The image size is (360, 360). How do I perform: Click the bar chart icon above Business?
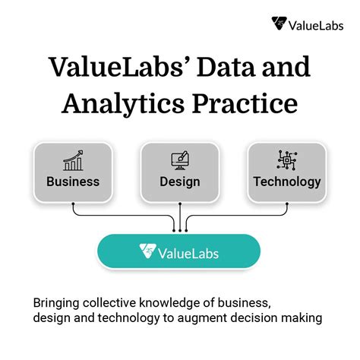[x=73, y=159]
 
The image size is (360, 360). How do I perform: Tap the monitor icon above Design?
[x=180, y=159]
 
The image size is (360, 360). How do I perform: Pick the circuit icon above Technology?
[x=286, y=159]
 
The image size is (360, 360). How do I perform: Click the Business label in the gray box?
[x=73, y=182]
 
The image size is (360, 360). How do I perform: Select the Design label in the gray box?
[x=180, y=182]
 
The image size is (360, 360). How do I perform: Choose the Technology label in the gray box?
[x=287, y=182]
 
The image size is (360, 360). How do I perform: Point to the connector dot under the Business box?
[x=73, y=204]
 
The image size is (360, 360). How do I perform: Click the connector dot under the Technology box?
[x=287, y=204]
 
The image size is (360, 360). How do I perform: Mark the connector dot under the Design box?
[x=180, y=204]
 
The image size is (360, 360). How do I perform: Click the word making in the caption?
[x=303, y=317]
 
